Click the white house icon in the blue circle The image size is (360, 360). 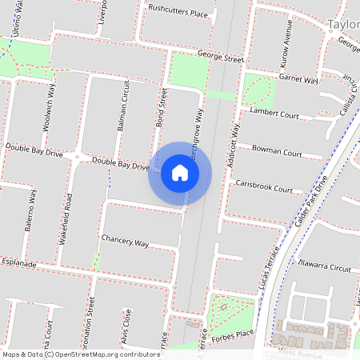(180, 173)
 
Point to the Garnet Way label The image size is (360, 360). (298, 78)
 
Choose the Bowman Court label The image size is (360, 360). (277, 150)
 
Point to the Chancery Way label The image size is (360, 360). (126, 242)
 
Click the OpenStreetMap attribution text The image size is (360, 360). (80, 354)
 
